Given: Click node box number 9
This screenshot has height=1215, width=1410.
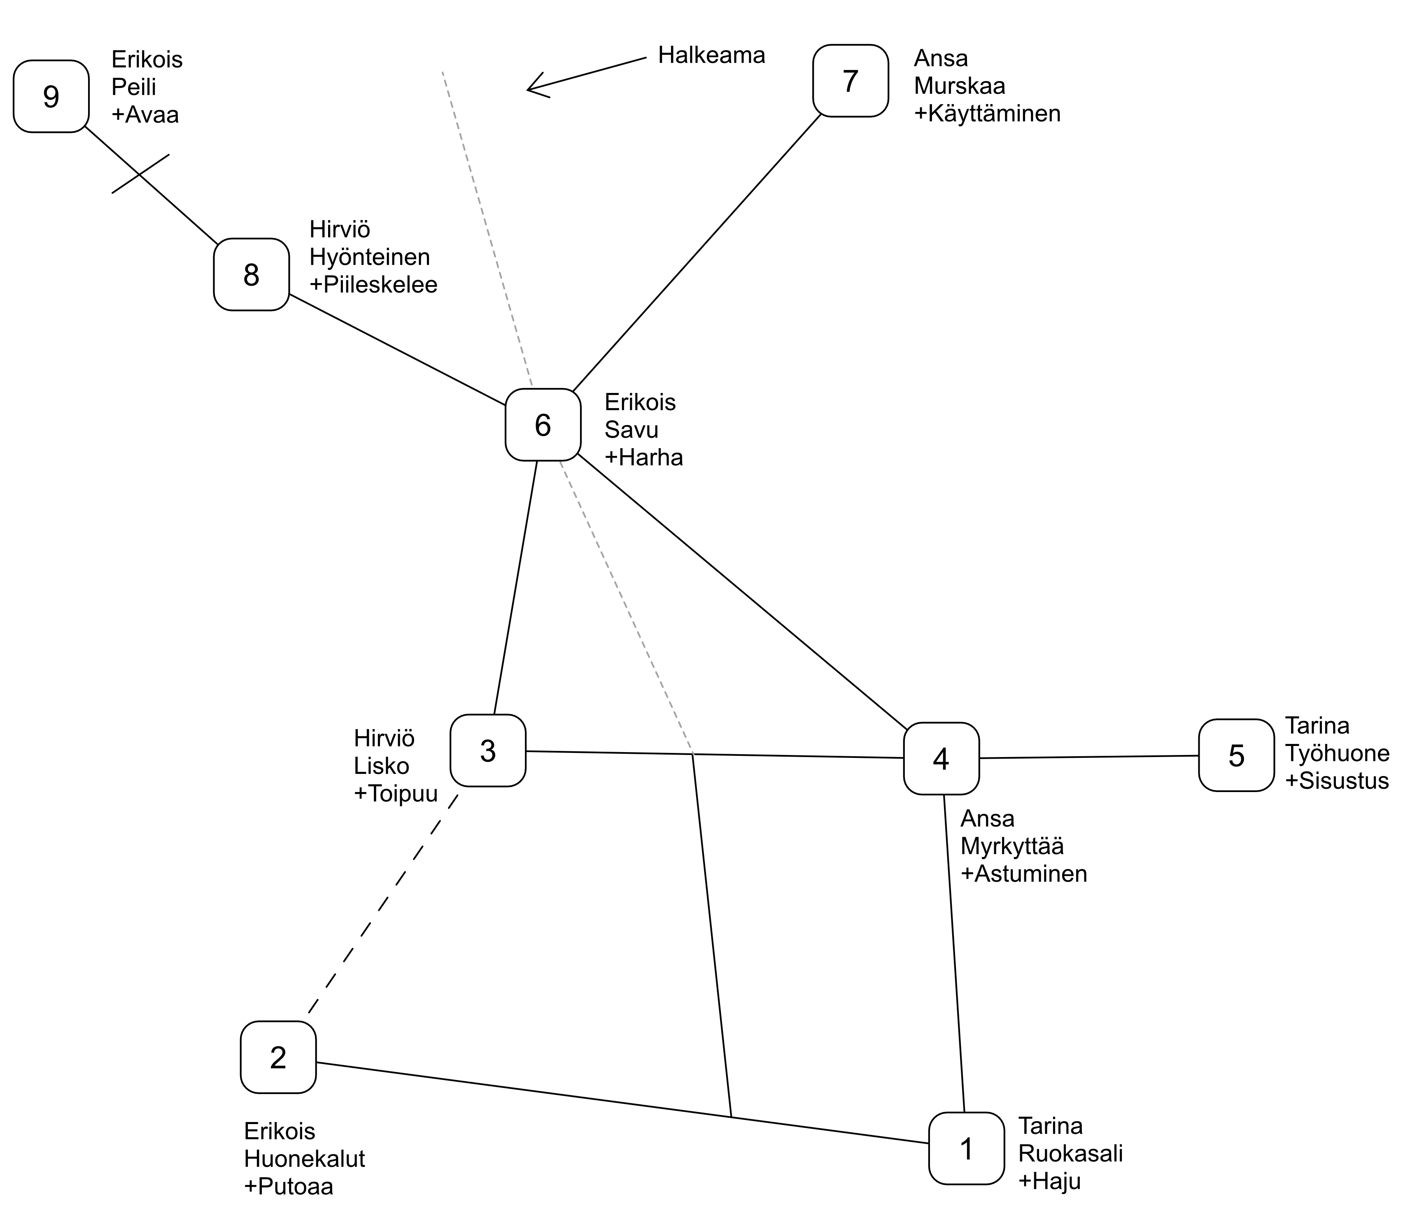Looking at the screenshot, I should click(x=51, y=97).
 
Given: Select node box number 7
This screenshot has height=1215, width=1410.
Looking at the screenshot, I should click(x=850, y=81).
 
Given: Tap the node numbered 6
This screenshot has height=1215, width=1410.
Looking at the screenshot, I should click(x=542, y=425).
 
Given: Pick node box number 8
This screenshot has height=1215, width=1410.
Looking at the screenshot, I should click(x=251, y=275).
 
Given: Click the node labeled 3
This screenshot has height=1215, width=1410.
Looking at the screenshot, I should click(x=488, y=750).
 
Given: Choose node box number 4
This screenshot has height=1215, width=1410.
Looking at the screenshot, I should click(x=941, y=759).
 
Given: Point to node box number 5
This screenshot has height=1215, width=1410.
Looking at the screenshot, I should click(x=1236, y=755).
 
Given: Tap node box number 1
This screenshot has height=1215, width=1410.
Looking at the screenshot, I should click(x=966, y=1149).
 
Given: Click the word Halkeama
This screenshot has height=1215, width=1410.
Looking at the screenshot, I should click(x=711, y=55).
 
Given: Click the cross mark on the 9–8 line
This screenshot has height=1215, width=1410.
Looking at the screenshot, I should click(x=140, y=174).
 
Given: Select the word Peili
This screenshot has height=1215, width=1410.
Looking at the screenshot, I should click(x=134, y=87).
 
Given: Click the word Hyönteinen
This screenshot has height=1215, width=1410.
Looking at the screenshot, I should click(x=370, y=257).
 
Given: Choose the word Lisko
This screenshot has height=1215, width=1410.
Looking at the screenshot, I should click(x=381, y=766).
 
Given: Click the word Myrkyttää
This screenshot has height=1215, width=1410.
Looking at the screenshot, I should click(x=1012, y=846).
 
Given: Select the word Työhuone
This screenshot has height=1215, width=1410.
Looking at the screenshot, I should click(x=1336, y=753).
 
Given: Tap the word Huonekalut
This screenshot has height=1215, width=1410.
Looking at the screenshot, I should click(x=304, y=1159).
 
